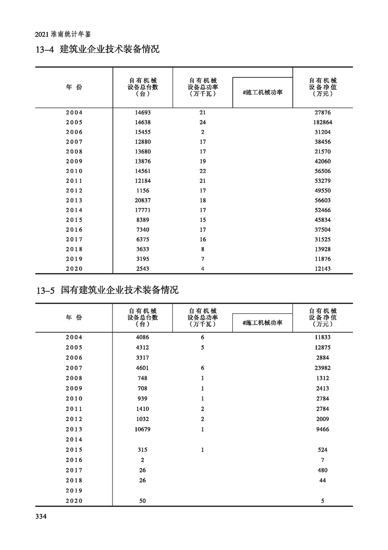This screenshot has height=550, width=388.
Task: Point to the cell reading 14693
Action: coord(142,112)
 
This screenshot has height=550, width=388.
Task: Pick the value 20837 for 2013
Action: coord(142,200)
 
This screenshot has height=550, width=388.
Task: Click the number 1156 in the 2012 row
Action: coord(142,191)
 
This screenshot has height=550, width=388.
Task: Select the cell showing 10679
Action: coord(142,429)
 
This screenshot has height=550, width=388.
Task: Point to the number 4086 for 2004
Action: coord(142,337)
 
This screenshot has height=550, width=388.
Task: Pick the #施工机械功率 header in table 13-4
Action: coord(262,92)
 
